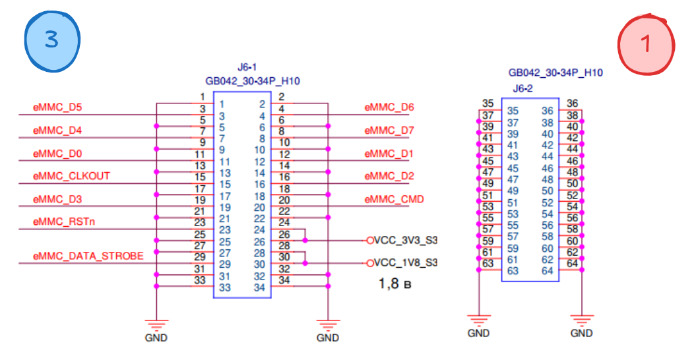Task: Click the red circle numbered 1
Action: click(x=646, y=44)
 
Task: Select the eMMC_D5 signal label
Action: click(x=57, y=107)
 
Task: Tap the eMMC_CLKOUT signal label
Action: click(x=71, y=176)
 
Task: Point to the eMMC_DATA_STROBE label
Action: click(x=88, y=256)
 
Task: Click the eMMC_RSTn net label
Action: click(x=64, y=222)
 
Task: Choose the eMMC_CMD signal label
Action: click(x=394, y=199)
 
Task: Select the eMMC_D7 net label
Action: click(x=389, y=130)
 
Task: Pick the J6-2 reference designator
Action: click(x=522, y=88)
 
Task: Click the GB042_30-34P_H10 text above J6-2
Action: click(x=555, y=73)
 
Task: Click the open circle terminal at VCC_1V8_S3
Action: click(x=370, y=263)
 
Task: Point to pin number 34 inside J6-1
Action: click(x=259, y=287)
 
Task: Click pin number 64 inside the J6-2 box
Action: click(x=547, y=271)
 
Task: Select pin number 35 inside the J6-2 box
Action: click(x=513, y=111)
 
